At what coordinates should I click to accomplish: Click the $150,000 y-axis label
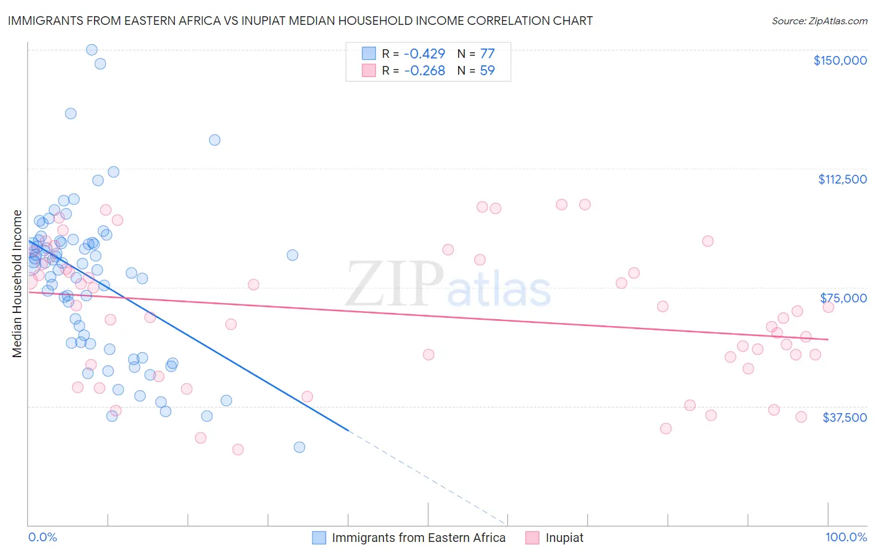point(840,60)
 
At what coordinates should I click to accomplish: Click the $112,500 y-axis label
point(842,179)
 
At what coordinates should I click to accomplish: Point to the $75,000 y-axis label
point(843,298)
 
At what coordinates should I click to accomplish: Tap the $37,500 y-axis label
point(845,417)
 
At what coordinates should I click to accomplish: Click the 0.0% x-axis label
point(42,537)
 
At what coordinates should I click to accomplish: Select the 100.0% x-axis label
point(846,537)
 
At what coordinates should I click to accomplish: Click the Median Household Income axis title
point(17,284)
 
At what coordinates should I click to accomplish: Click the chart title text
point(301,21)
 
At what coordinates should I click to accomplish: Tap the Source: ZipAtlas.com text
point(819,21)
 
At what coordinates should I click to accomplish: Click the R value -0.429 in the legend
point(424,54)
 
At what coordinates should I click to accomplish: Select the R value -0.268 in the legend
point(424,71)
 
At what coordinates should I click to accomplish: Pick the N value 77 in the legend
point(487,54)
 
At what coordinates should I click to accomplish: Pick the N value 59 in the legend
point(487,71)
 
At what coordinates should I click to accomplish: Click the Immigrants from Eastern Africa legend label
point(418,538)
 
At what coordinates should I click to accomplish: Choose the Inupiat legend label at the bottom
point(564,538)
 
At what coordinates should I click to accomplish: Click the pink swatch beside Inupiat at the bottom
point(532,538)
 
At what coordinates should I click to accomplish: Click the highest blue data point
point(91,50)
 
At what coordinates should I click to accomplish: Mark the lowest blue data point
point(299,447)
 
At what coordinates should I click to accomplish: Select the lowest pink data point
point(238,449)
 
